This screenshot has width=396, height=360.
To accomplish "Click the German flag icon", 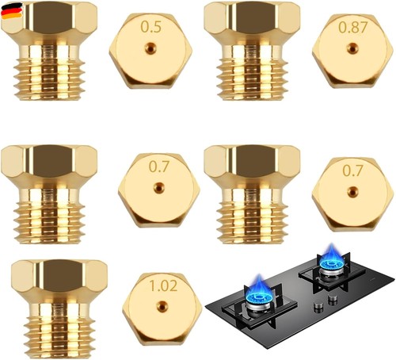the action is click(x=12, y=11).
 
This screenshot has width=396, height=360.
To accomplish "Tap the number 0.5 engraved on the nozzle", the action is click(x=150, y=27).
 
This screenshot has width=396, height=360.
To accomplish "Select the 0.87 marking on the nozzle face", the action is click(x=353, y=27).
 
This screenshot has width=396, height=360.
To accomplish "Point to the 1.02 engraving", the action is click(x=163, y=285).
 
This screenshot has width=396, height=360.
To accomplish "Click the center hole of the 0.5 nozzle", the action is click(x=150, y=48).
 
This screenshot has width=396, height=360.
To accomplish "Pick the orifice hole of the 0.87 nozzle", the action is click(x=352, y=48).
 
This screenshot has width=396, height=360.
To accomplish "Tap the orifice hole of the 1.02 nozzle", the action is click(x=162, y=306).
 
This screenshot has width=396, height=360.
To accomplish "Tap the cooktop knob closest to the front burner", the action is click(x=318, y=307).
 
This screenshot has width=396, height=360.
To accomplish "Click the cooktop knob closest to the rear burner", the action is click(x=332, y=300).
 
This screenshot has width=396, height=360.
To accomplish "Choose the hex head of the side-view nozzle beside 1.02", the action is click(x=59, y=277).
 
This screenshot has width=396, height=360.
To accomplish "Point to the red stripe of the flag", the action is click(x=12, y=11).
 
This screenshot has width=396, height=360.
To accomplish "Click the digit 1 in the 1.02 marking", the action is click(x=153, y=285).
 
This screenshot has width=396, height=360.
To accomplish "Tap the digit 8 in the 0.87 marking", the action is click(x=354, y=27).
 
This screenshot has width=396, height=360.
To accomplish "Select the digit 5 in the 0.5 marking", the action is click(x=157, y=27).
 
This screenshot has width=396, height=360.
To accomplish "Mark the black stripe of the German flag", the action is click(x=11, y=6).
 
